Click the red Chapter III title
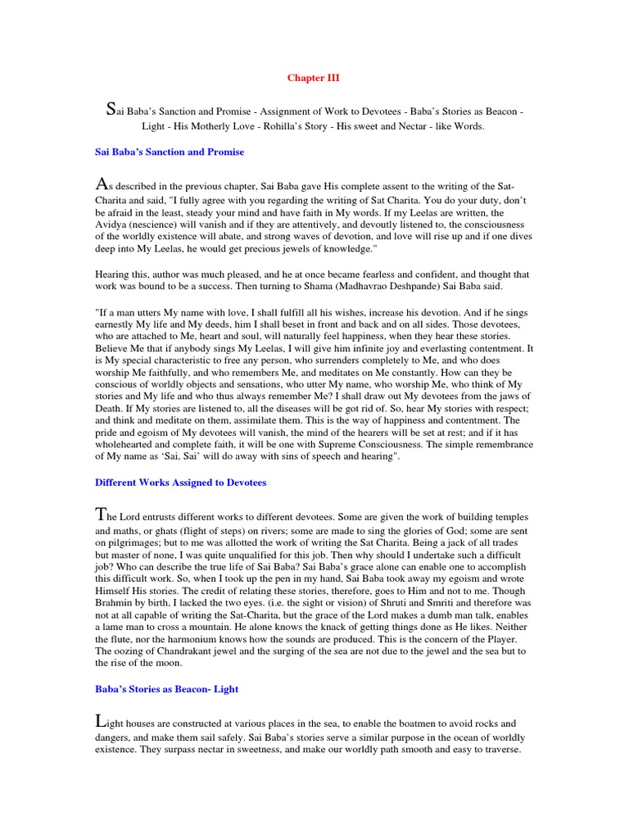pos(313,78)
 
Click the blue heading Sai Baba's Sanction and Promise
pos(170,152)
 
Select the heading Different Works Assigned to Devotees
pos(180,483)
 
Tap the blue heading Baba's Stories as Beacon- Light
pos(167,689)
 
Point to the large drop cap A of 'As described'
pos(102,185)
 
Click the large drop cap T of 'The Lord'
pos(101,515)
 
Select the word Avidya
pos(112,212)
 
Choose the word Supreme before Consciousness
pos(354,445)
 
